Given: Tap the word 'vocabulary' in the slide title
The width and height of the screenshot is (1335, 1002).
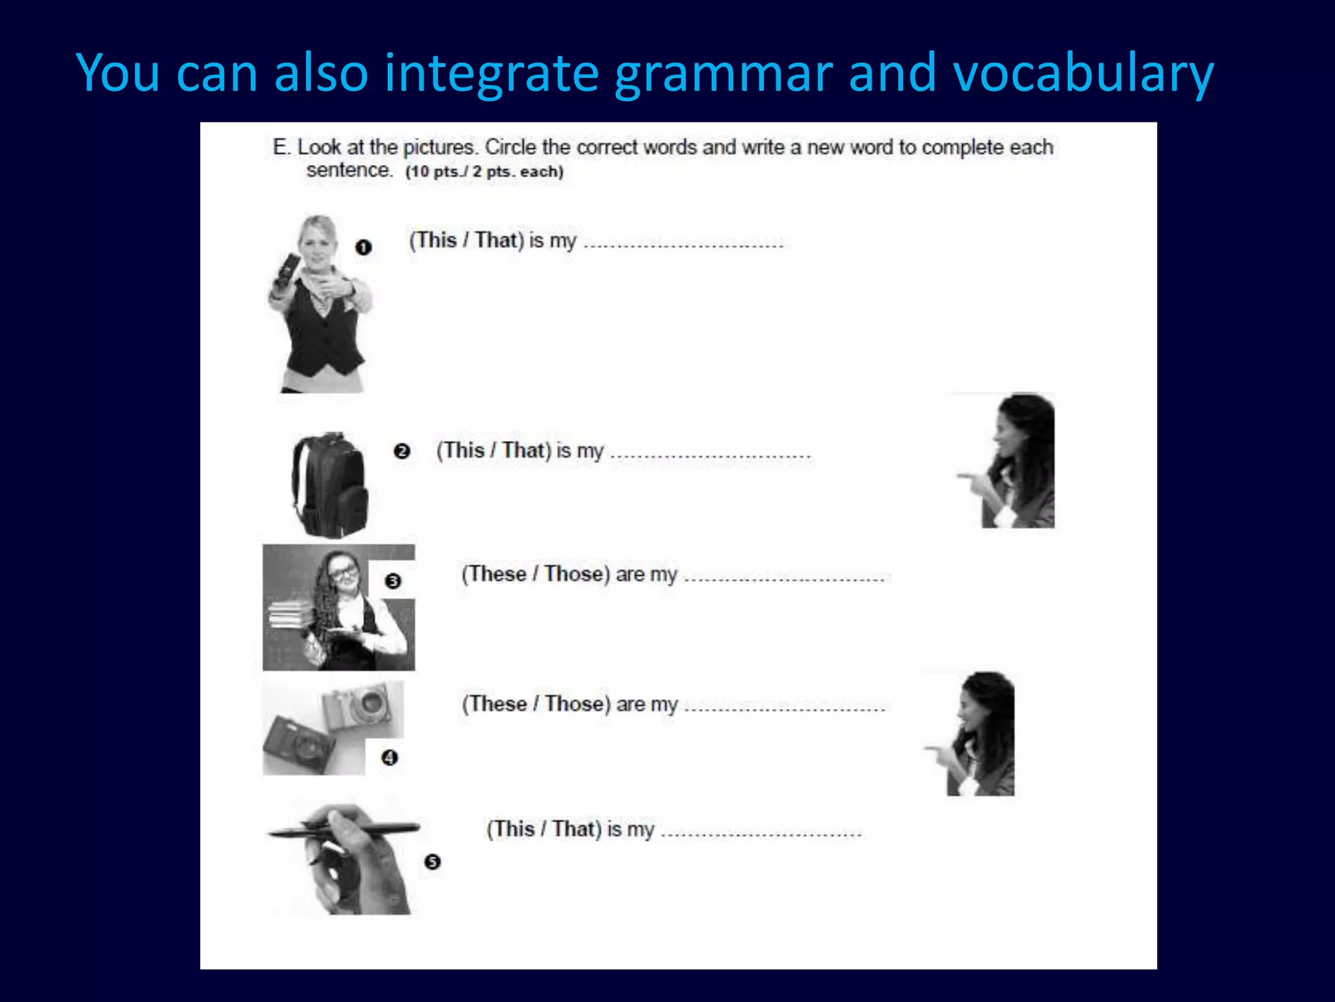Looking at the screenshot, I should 1083,73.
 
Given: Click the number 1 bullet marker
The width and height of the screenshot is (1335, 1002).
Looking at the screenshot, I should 363,247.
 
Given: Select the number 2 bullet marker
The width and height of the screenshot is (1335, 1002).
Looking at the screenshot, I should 402,451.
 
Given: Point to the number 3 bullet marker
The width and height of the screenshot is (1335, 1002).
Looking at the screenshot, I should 392,581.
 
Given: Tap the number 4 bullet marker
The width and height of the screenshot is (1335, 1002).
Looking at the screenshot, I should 389,757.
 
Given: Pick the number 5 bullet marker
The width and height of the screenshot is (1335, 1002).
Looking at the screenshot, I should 432,862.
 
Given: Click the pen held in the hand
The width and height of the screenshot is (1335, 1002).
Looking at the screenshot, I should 344,830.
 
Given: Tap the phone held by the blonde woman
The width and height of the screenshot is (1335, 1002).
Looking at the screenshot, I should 286,268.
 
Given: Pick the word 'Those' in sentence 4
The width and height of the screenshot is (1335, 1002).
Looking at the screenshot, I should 574,704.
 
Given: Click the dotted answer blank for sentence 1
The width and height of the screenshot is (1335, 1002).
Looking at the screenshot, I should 683,245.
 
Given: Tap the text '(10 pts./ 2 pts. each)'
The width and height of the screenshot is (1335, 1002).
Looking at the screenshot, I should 484,172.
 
